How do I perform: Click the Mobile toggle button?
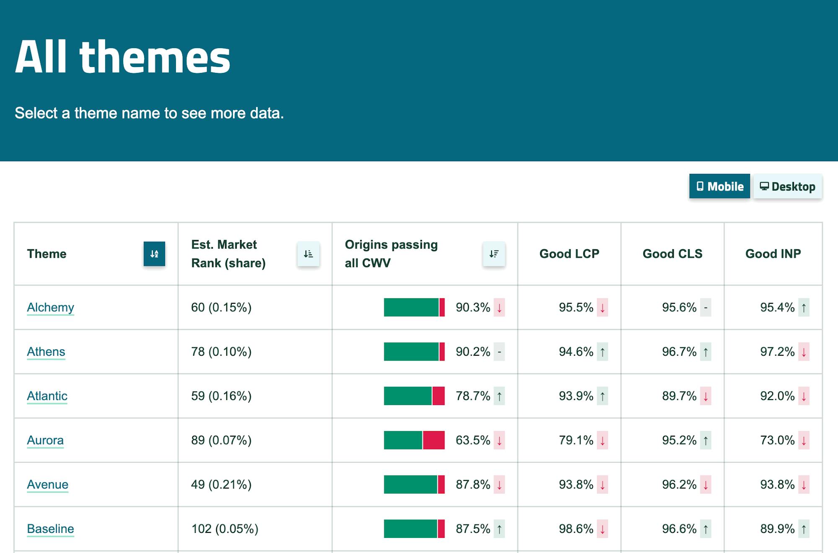[719, 186]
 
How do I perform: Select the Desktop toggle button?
[788, 186]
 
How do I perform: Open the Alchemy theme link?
[50, 308]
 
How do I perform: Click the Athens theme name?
[46, 352]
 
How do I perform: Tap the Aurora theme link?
[45, 440]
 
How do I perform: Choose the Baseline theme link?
[50, 529]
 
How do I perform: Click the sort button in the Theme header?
[154, 254]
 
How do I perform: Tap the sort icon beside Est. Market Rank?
[308, 254]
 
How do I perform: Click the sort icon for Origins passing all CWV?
[494, 254]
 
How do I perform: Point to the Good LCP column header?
[569, 254]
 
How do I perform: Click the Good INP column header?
[773, 254]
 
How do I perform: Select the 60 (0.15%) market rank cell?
[221, 308]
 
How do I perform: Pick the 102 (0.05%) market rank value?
[225, 529]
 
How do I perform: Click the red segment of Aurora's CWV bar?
[434, 440]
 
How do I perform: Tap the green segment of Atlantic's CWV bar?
[407, 396]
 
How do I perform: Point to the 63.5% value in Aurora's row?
[473, 440]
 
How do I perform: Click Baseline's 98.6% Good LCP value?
[576, 529]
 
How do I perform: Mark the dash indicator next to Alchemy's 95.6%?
[706, 308]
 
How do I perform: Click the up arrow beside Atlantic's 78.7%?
[499, 396]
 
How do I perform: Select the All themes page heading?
[123, 57]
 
